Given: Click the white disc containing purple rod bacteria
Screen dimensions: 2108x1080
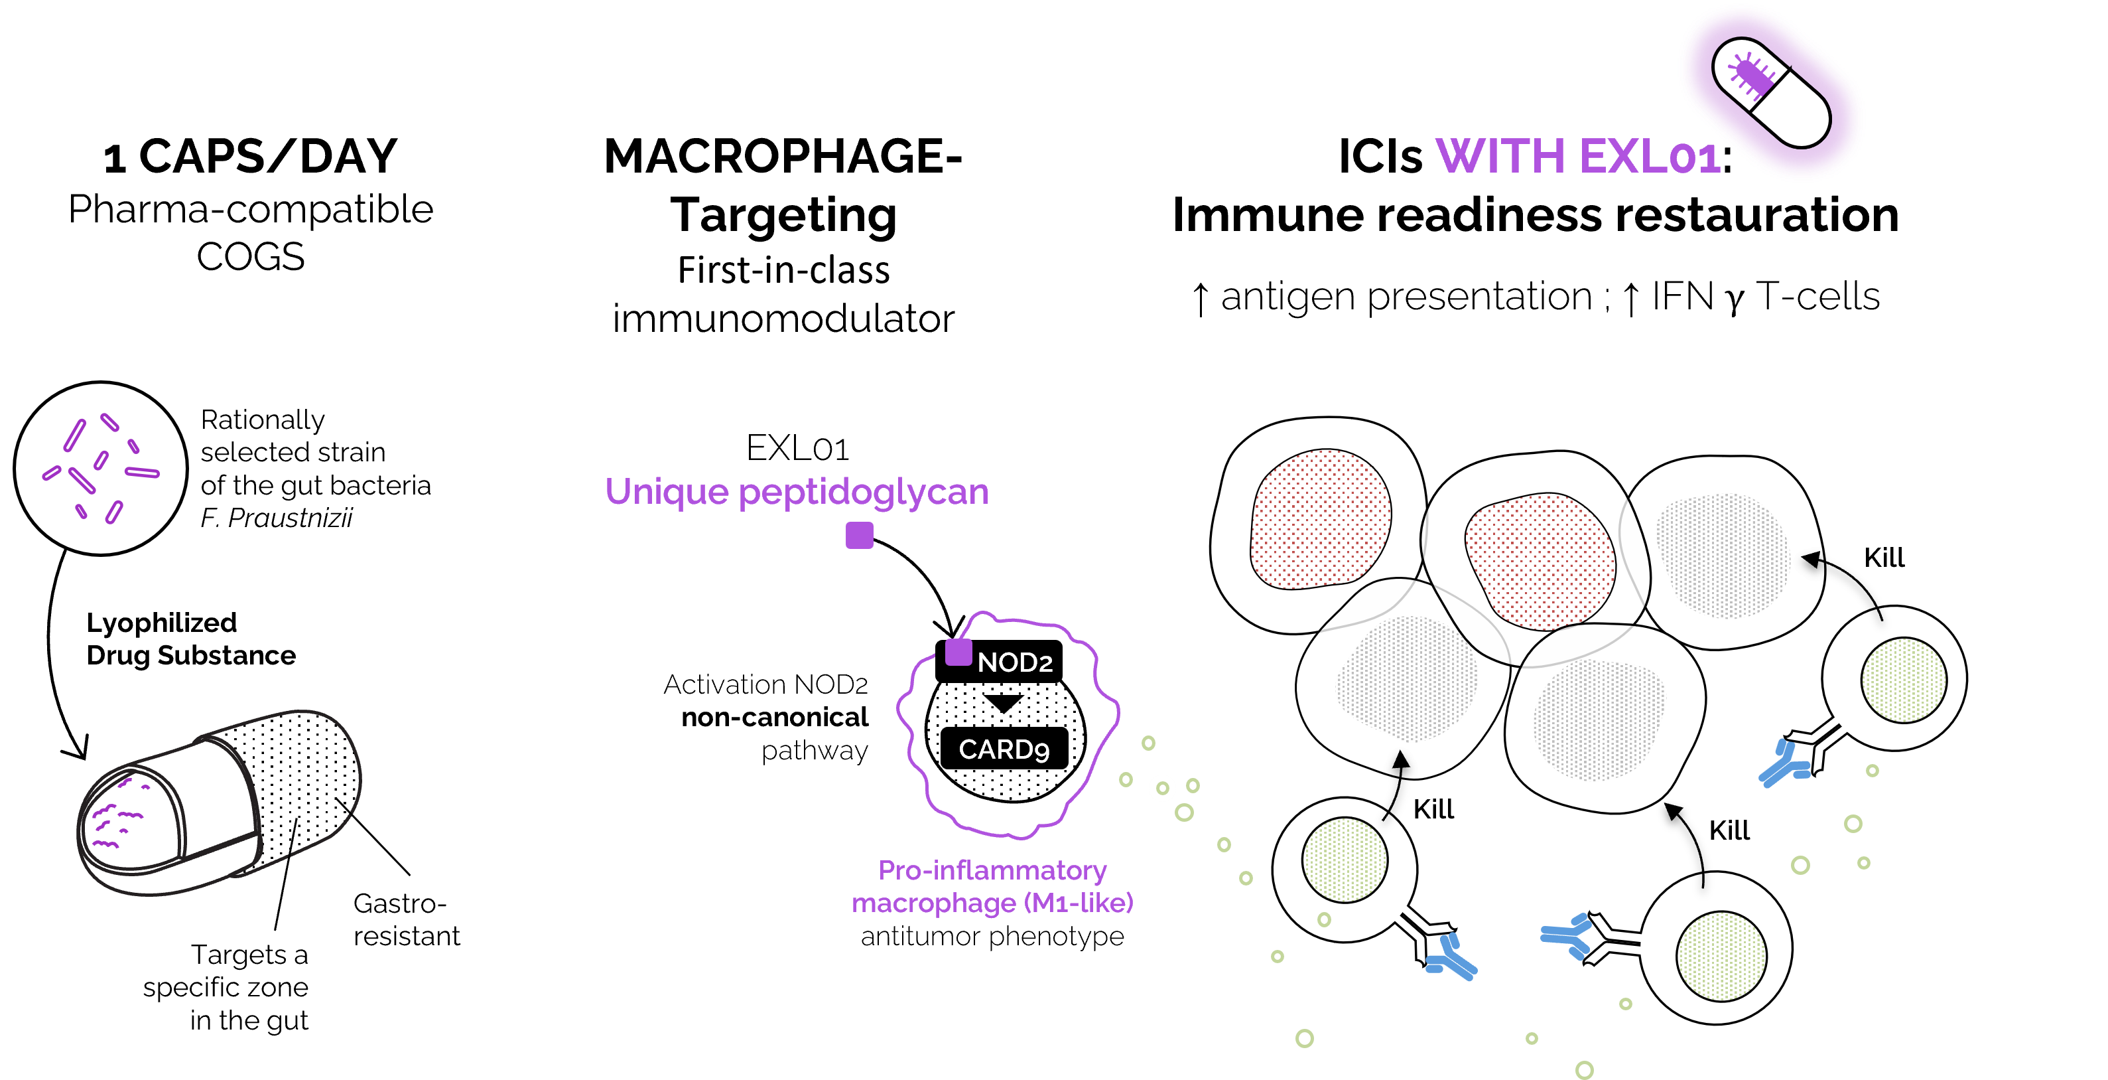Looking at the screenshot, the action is (101, 469).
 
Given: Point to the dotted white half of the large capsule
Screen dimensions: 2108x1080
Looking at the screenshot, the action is (298, 778).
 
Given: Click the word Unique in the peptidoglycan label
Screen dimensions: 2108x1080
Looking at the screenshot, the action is (666, 492).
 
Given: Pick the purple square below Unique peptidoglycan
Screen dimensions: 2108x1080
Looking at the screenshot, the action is (859, 536).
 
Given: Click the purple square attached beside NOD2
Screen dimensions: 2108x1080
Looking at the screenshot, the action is (958, 653).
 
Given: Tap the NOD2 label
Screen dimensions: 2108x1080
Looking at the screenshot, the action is (1015, 662).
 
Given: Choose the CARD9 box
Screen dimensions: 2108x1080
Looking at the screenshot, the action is (1004, 748).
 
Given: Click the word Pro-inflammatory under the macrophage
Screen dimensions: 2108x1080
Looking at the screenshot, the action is (992, 870).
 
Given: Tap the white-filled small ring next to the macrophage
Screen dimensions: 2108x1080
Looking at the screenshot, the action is (1162, 789).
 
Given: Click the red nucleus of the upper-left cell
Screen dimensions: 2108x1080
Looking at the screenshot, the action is (1320, 518).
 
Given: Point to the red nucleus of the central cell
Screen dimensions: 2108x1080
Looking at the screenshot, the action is (1540, 562).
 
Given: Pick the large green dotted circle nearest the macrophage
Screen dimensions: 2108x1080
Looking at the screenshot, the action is (1345, 860).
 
